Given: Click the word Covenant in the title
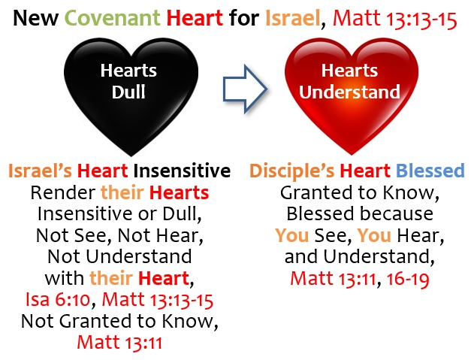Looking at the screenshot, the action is tap(112, 18).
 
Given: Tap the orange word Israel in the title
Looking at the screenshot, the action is tap(293, 18).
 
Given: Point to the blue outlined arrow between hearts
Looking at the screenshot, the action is tap(245, 89).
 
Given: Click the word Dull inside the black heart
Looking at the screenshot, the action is tap(128, 92).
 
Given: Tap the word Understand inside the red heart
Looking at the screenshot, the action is tap(350, 92).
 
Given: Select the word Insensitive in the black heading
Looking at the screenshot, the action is tap(182, 171).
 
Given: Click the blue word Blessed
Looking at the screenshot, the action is tap(430, 171).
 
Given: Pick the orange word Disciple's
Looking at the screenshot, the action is tap(291, 171).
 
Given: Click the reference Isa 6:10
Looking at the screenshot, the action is tap(57, 299).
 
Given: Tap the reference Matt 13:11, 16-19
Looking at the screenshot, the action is tap(360, 278).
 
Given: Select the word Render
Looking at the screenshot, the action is tap(63, 192).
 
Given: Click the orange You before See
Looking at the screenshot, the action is tap(292, 235).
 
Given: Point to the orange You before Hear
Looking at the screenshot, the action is tap(374, 235).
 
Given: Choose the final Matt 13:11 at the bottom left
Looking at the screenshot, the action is tap(119, 342).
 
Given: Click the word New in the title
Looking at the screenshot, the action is tap(35, 18).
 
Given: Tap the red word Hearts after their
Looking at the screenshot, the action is tap(179, 192).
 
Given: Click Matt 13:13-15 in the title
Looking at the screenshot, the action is tap(395, 19).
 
